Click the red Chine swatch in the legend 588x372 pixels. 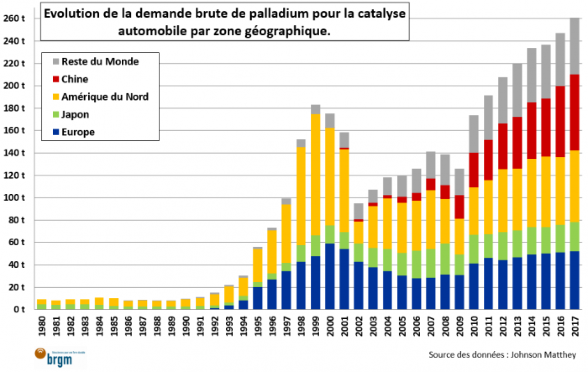(x=55, y=79)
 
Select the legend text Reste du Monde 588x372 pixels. (x=100, y=61)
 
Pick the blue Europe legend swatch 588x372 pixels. (x=55, y=132)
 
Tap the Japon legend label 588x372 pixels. (x=75, y=115)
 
